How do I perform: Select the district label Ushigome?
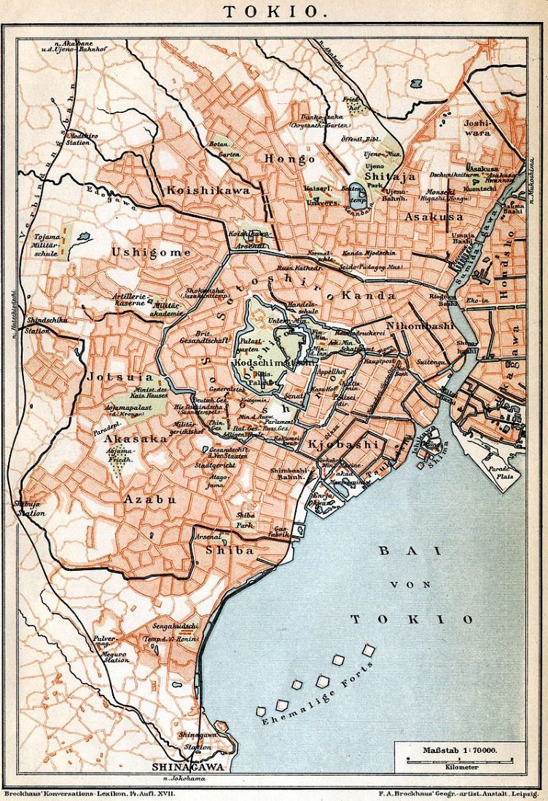click(x=151, y=252)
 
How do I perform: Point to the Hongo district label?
click(x=290, y=158)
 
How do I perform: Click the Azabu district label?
click(x=150, y=499)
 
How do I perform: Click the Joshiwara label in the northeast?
click(x=478, y=129)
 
